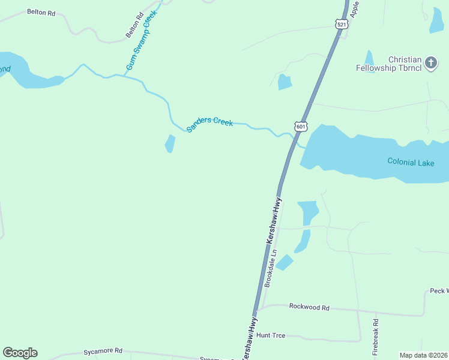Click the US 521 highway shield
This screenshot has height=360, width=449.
pyautogui.click(x=342, y=24)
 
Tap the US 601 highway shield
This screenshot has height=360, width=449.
pyautogui.click(x=301, y=127)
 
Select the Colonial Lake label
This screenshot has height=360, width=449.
pyautogui.click(x=411, y=161)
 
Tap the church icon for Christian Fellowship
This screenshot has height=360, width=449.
pyautogui.click(x=430, y=62)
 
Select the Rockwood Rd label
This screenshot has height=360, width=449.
pyautogui.click(x=309, y=307)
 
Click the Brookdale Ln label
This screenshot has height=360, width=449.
pyautogui.click(x=271, y=268)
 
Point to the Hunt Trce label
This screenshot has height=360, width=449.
pyautogui.click(x=271, y=335)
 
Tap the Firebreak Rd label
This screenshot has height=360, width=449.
pyautogui.click(x=376, y=342)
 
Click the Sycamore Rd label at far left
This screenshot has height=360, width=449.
pyautogui.click(x=103, y=350)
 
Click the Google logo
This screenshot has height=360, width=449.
pyautogui.click(x=20, y=353)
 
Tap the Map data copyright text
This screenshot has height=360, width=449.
pyautogui.click(x=424, y=355)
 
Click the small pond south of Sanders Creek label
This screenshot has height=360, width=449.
pyautogui.click(x=170, y=144)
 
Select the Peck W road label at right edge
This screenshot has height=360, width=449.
pyautogui.click(x=439, y=291)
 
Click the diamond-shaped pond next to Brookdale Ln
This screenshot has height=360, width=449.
pyautogui.click(x=284, y=263)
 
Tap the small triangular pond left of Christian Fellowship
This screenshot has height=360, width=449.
pyautogui.click(x=369, y=58)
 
